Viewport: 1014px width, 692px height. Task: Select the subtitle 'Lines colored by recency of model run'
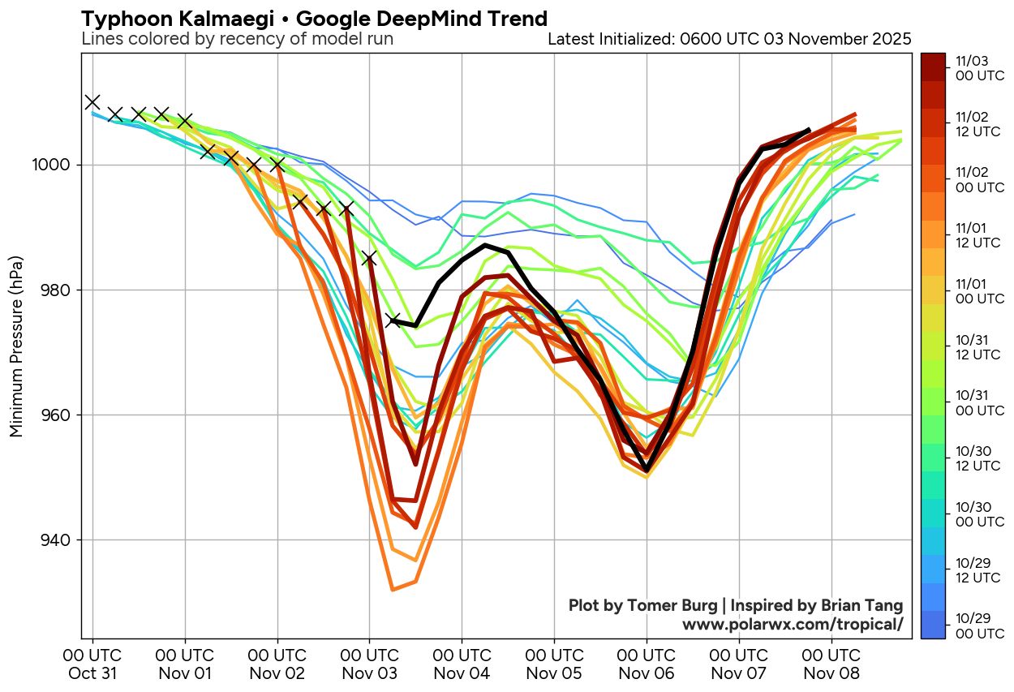tap(238, 39)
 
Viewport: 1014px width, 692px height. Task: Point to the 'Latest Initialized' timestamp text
tap(729, 39)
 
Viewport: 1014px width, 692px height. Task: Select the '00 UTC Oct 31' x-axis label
tap(92, 664)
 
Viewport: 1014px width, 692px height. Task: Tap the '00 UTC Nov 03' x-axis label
tap(370, 664)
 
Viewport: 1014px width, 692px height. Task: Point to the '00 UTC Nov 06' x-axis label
tap(647, 664)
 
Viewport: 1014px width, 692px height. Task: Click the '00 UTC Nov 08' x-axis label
tap(831, 664)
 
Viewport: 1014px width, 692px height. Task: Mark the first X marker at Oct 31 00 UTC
tap(92, 101)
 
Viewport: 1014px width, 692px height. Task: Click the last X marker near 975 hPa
tap(393, 320)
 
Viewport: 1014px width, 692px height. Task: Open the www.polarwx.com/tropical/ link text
tap(792, 625)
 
